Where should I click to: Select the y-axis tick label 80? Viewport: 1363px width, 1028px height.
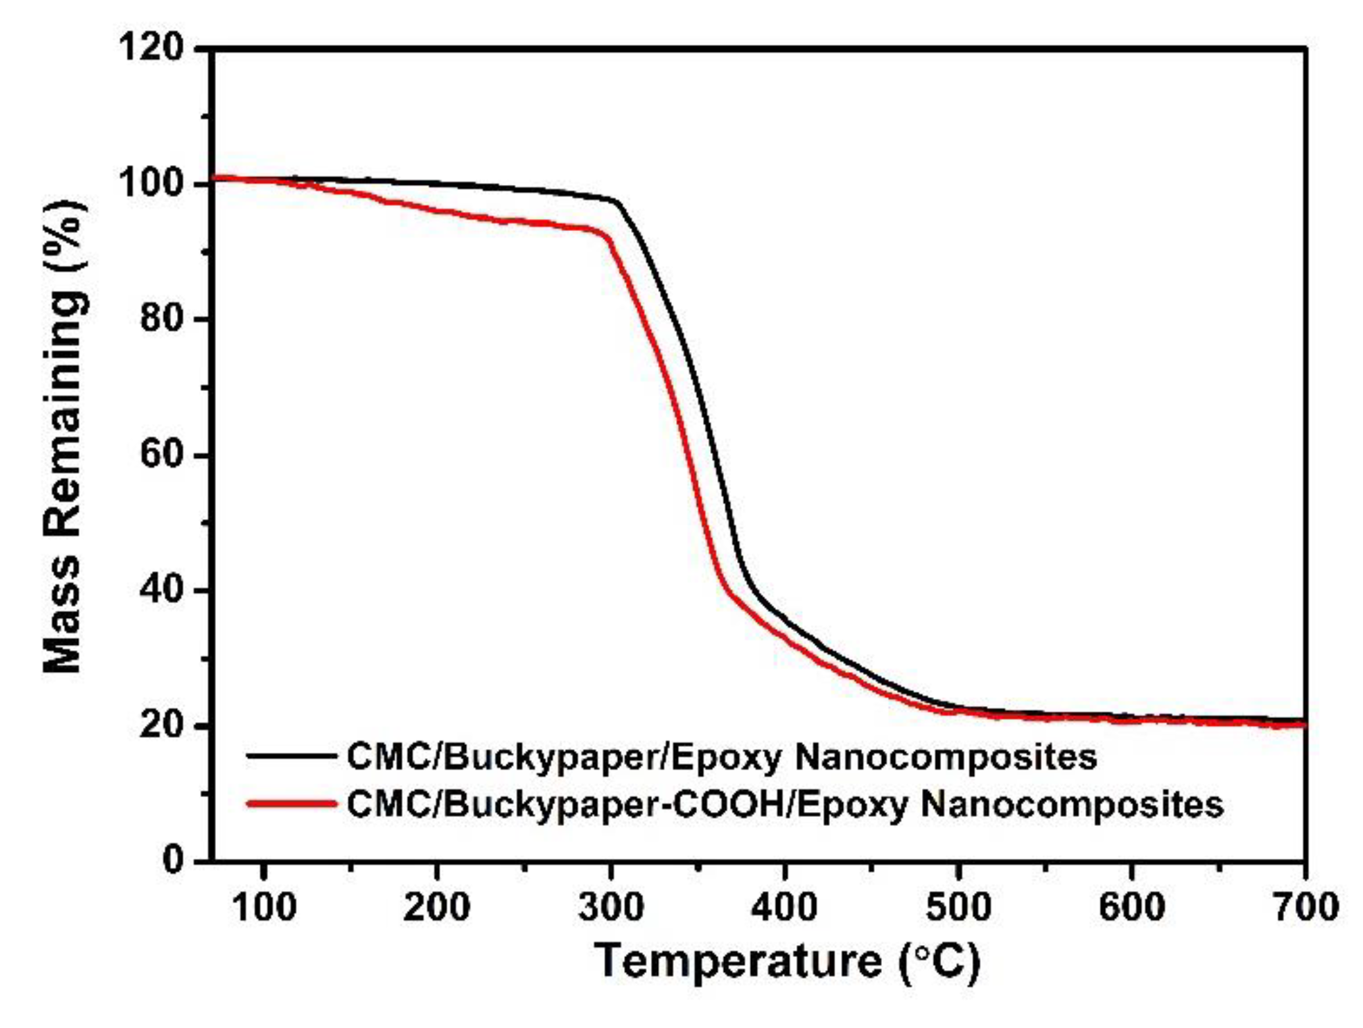(161, 319)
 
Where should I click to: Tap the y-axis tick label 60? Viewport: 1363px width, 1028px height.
(161, 455)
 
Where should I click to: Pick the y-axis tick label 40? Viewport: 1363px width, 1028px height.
(161, 590)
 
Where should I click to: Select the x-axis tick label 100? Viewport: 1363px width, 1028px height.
(265, 907)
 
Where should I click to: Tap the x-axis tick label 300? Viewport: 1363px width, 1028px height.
(611, 907)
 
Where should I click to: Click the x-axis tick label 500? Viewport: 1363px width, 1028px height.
(958, 907)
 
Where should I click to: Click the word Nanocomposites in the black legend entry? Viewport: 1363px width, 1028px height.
(946, 758)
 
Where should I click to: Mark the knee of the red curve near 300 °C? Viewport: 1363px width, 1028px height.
(606, 236)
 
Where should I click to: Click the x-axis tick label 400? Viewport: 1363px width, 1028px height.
(785, 907)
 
